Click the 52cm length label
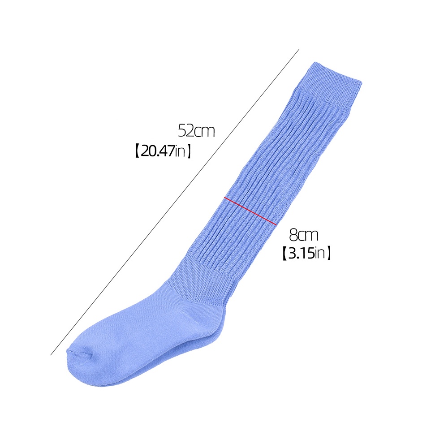(x=196, y=131)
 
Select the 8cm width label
(x=303, y=235)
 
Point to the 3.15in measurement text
(x=306, y=253)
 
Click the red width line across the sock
(x=250, y=211)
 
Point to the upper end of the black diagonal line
(x=299, y=49)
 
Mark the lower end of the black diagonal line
(x=51, y=355)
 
